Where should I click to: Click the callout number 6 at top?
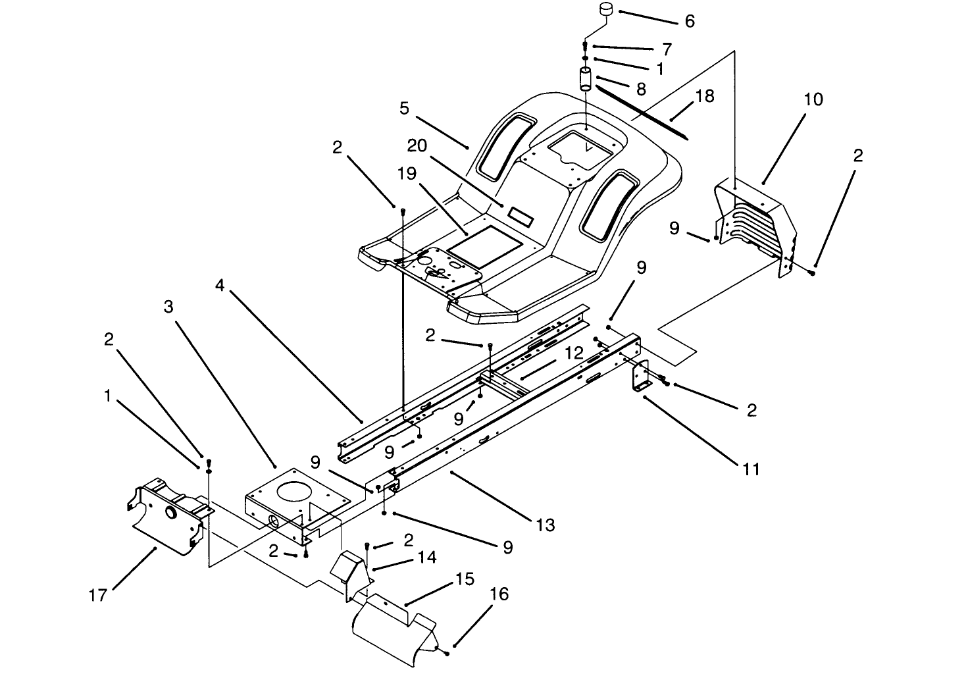(690, 21)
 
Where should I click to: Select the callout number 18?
(704, 96)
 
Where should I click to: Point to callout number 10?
(813, 99)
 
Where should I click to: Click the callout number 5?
(404, 108)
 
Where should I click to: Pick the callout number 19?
(408, 174)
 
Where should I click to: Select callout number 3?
(168, 307)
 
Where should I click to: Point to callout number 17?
(98, 595)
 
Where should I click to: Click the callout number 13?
(546, 525)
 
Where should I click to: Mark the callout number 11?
(751, 469)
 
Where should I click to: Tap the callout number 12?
(573, 353)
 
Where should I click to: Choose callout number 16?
(499, 594)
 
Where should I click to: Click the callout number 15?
(465, 579)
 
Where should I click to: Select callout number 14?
(426, 558)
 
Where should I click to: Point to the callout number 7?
(667, 49)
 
